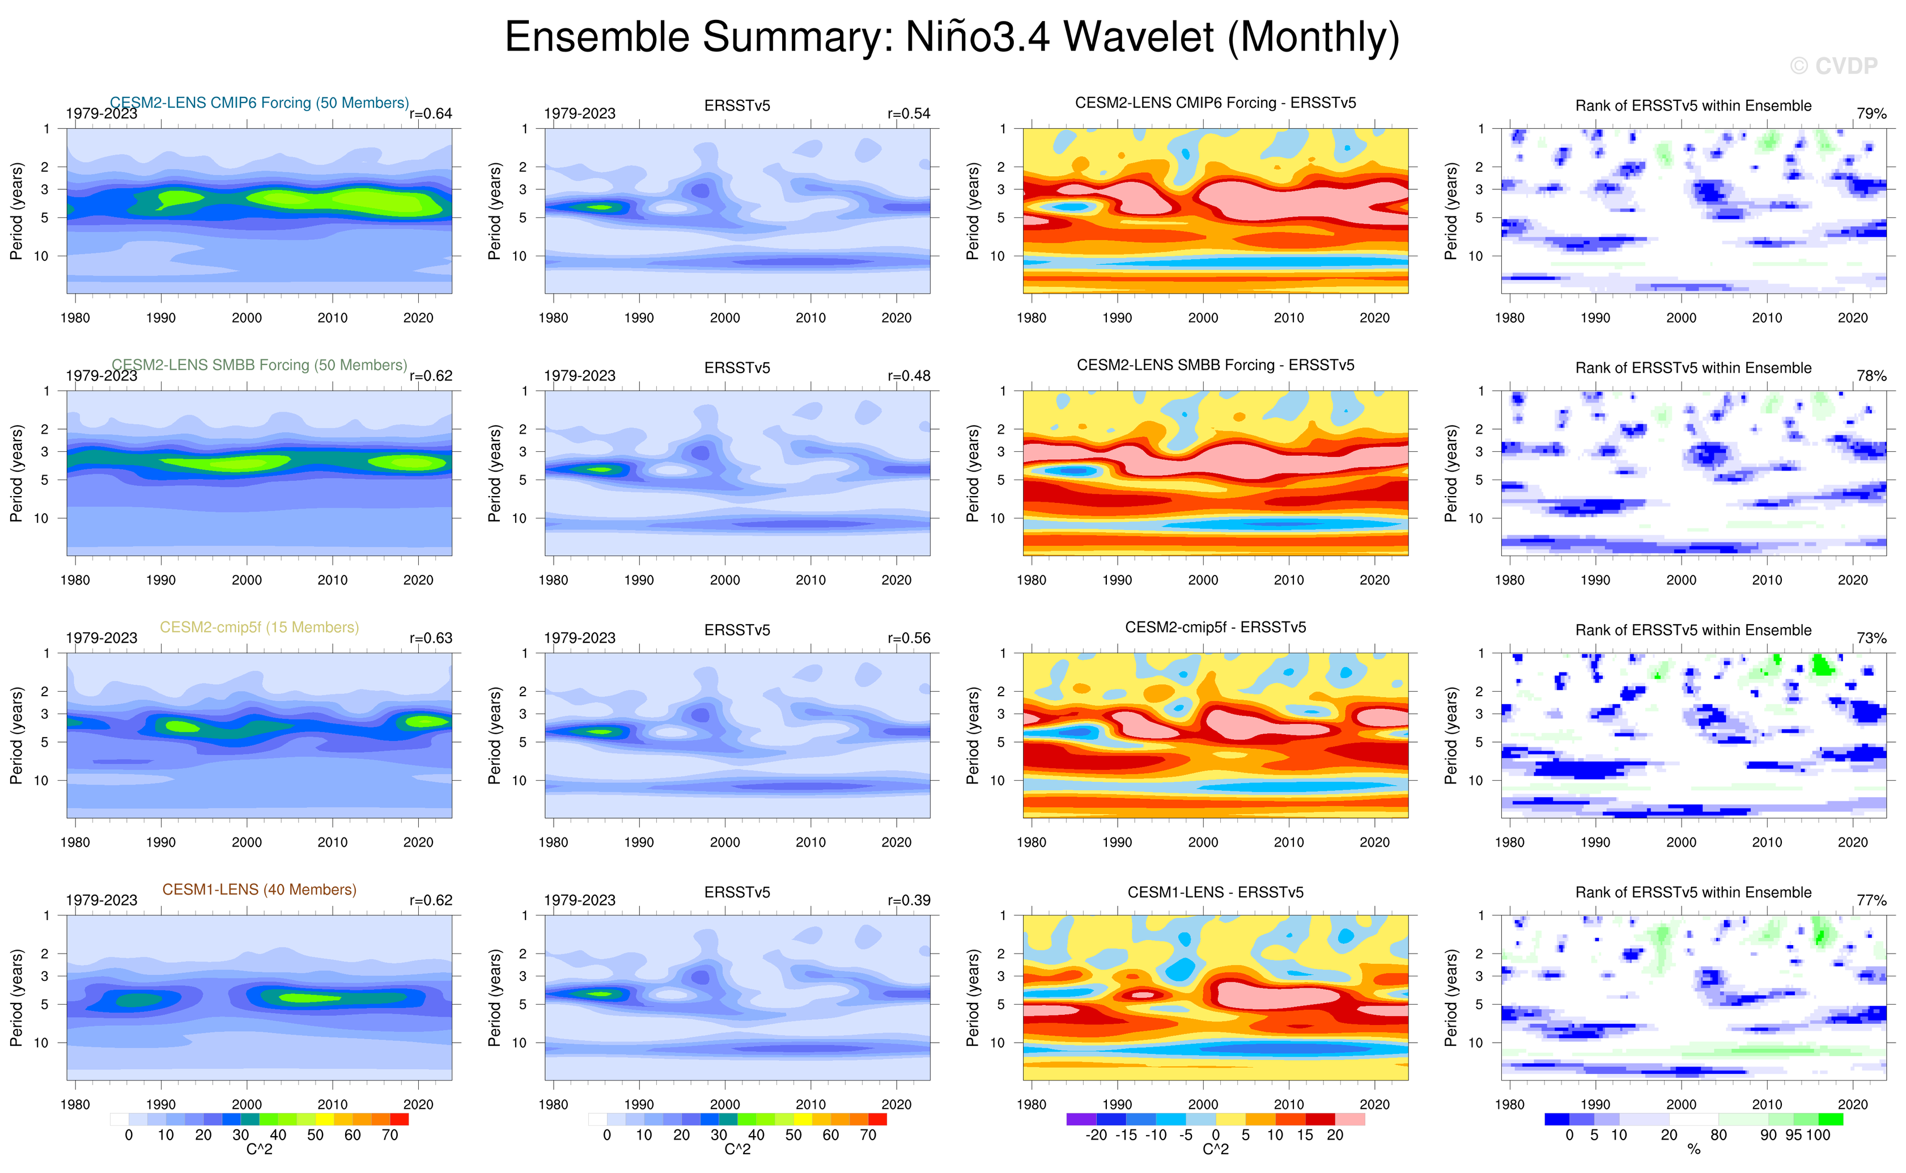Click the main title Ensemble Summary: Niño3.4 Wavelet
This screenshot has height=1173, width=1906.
click(x=952, y=37)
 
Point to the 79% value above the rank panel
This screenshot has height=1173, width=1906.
click(x=1871, y=113)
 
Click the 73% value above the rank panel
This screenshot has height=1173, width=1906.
click(x=1871, y=638)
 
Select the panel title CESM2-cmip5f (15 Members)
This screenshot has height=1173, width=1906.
click(x=259, y=627)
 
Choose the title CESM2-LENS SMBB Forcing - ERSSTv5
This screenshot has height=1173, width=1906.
click(x=1215, y=365)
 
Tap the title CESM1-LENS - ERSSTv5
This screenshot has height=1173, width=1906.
click(x=1215, y=892)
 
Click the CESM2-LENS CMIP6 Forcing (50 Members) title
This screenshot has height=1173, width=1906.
click(x=259, y=103)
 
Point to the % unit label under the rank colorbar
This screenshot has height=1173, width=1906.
click(x=1693, y=1149)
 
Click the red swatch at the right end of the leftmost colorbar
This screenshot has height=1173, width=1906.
click(x=400, y=1120)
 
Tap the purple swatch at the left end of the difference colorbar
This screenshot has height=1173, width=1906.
click(x=1081, y=1120)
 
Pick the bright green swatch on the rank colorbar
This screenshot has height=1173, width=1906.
click(x=1830, y=1120)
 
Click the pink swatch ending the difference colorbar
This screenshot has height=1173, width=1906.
click(x=1350, y=1120)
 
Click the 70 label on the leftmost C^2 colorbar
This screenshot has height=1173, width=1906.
click(x=389, y=1135)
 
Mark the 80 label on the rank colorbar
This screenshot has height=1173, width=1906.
click(x=1719, y=1135)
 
